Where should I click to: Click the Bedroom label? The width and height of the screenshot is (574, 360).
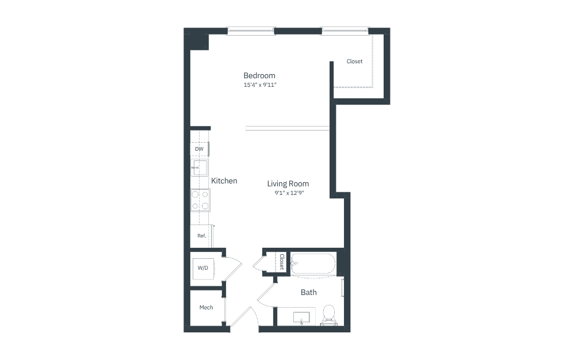(x=259, y=76)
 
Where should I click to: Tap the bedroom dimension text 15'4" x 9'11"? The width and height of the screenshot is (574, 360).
(x=260, y=85)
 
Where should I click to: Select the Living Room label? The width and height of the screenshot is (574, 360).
(x=288, y=183)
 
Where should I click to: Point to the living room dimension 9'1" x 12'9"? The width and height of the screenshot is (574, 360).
(x=289, y=193)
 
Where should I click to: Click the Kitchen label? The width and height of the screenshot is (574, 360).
(x=224, y=181)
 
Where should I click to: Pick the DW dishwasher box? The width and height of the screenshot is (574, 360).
(x=200, y=149)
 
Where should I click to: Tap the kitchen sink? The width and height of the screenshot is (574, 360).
(x=200, y=168)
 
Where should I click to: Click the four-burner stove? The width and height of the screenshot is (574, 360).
(x=200, y=200)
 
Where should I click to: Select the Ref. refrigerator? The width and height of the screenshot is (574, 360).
(x=201, y=236)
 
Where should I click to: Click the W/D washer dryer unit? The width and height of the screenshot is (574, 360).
(x=203, y=269)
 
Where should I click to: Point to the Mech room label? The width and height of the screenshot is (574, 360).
(x=206, y=307)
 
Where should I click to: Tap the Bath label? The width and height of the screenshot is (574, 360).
(x=309, y=292)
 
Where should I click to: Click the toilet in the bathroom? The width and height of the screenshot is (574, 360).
(x=329, y=315)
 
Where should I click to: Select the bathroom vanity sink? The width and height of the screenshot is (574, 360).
(x=301, y=318)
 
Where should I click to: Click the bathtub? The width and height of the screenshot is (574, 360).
(x=313, y=264)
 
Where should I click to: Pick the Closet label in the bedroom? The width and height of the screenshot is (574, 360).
(x=354, y=62)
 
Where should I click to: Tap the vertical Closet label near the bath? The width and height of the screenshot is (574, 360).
(x=282, y=262)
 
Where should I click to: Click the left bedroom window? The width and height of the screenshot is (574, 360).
(x=251, y=31)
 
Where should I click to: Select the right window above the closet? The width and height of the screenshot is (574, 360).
(x=345, y=31)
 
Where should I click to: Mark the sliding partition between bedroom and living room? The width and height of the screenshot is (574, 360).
(x=288, y=128)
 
